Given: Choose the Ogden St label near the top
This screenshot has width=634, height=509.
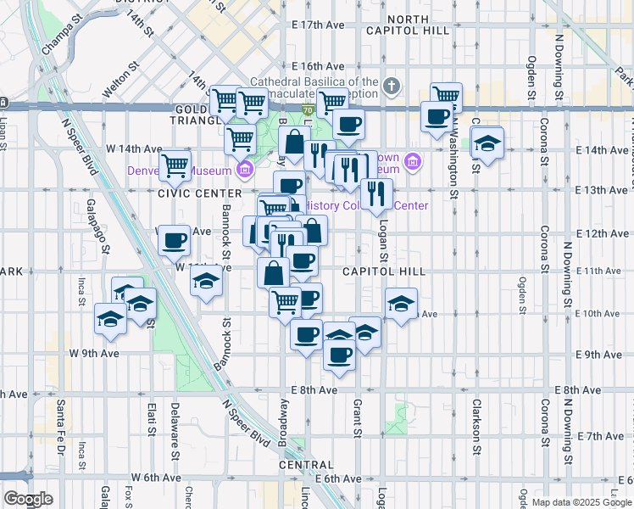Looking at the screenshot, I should (532, 76).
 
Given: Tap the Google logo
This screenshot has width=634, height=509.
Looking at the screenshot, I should (28, 499).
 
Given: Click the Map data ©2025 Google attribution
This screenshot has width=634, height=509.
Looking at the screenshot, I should (581, 502).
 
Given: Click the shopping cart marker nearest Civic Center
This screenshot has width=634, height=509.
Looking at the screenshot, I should (175, 165).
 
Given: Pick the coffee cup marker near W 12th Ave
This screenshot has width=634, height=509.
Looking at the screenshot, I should (174, 241).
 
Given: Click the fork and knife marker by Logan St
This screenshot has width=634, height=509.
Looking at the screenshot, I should (376, 194).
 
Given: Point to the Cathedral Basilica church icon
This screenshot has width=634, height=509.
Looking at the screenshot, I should (391, 85).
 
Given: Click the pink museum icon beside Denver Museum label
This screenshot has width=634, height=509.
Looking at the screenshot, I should (245, 170).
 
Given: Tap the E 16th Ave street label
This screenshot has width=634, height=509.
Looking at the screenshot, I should (318, 65).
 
